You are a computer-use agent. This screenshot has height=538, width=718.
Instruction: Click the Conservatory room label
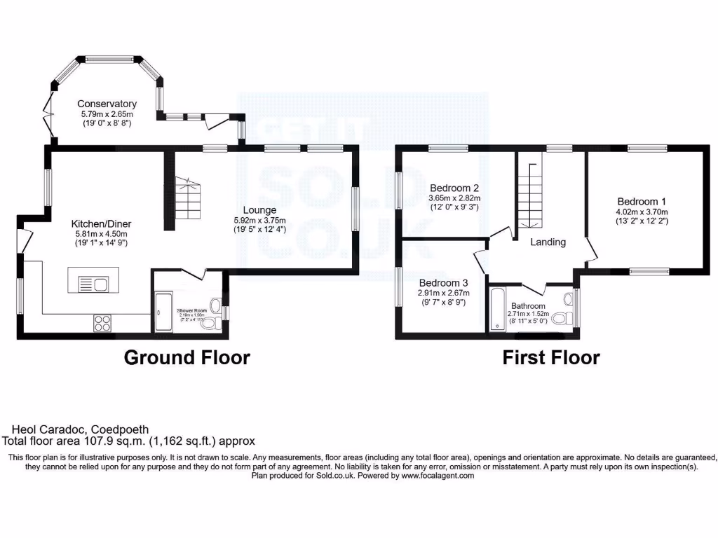[107, 104]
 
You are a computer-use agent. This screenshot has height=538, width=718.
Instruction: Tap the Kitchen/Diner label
[104, 224]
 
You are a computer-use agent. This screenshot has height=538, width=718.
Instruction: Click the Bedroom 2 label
[454, 188]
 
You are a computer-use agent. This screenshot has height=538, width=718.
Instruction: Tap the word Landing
[548, 242]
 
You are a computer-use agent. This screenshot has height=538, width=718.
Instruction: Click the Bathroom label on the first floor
[528, 306]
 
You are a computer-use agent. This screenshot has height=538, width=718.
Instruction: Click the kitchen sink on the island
[100, 284]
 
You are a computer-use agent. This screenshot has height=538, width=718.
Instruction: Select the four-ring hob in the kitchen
[102, 323]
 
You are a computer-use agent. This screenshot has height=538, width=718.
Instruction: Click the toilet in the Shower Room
[215, 323]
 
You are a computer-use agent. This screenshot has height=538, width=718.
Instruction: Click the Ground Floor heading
[187, 357]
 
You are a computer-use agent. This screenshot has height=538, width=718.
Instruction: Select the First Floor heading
[551, 357]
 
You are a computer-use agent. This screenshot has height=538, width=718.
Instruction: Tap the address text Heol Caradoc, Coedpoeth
[81, 429]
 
